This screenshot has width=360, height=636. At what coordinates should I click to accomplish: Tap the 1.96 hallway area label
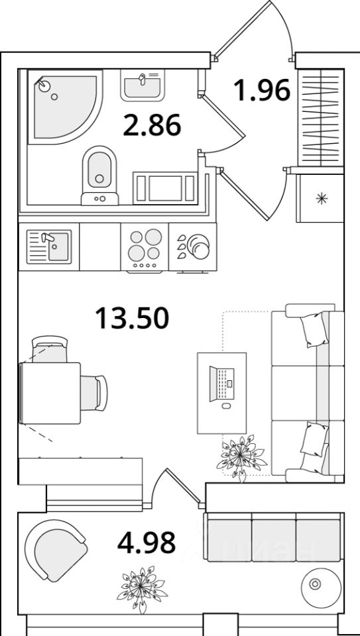click(x=262, y=90)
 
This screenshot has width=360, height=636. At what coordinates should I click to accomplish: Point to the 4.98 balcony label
click(x=146, y=543)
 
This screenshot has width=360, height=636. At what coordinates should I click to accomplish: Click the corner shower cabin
click(x=65, y=106)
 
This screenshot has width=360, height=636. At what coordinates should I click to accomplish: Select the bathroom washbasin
click(x=143, y=85)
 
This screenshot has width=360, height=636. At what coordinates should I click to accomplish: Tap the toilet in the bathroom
click(x=99, y=175)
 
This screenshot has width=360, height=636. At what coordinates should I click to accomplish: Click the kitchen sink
click(x=48, y=246)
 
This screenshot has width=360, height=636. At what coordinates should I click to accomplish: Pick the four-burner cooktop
click(x=145, y=246)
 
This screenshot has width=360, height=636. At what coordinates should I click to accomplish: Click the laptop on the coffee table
click(x=221, y=384)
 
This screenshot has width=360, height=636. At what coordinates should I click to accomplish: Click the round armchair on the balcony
click(x=56, y=550)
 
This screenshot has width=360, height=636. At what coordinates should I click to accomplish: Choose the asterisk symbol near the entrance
click(x=322, y=198)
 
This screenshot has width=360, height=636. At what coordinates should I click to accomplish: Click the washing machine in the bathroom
click(x=165, y=188)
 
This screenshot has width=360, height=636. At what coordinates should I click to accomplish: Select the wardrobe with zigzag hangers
click(x=321, y=117)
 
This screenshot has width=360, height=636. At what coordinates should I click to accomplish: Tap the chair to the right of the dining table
click(x=93, y=393)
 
